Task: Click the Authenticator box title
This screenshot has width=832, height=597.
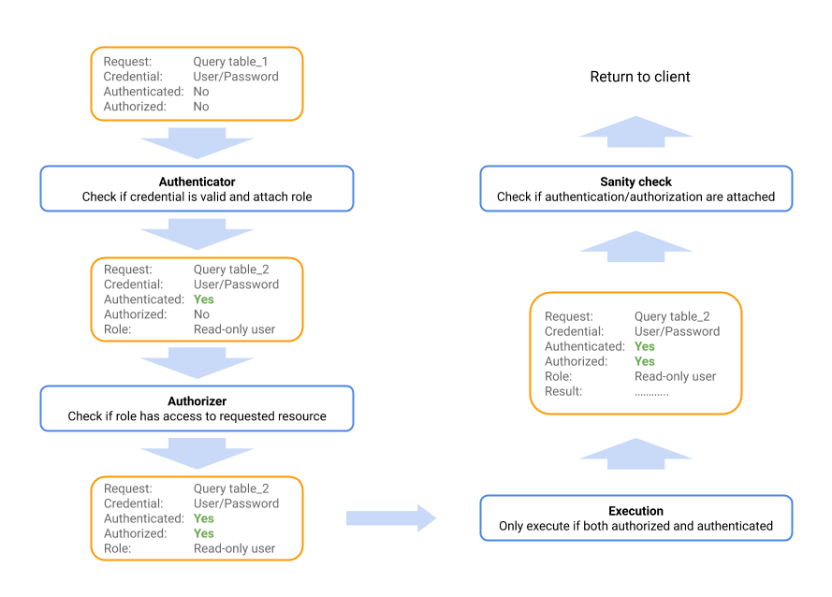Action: coord(197,182)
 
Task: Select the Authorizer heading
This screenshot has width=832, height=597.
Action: coord(197,400)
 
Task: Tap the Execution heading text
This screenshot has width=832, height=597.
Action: coord(635,511)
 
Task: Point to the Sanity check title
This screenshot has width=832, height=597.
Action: coord(635,182)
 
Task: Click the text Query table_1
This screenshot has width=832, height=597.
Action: coord(231,62)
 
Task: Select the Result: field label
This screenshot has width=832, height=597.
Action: coord(563,391)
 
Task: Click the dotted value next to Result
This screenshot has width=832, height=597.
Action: coord(651,391)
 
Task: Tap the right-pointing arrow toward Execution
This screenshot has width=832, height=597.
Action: coord(391,518)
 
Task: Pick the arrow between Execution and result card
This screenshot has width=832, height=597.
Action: coord(635,456)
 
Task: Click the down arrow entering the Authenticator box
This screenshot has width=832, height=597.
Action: coord(197,143)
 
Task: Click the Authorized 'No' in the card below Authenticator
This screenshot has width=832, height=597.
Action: coord(201,314)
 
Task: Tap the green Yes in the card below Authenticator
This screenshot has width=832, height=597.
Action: coord(203,299)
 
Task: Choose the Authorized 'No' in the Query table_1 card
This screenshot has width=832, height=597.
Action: coord(201,107)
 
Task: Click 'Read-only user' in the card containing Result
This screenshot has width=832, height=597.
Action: coord(675,376)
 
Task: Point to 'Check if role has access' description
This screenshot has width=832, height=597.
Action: coord(197,415)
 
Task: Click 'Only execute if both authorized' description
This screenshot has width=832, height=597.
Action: coord(635,526)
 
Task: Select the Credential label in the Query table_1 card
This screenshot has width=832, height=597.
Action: coord(133,77)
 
